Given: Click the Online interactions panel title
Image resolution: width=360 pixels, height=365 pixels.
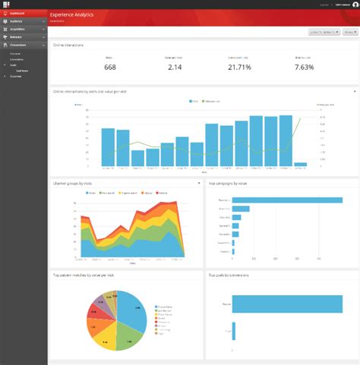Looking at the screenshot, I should pyautogui.click(x=68, y=46).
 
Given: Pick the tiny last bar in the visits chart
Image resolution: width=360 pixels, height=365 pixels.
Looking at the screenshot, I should pyautogui.click(x=301, y=164).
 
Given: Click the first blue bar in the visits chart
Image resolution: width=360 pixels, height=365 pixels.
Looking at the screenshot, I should pyautogui.click(x=108, y=147).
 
